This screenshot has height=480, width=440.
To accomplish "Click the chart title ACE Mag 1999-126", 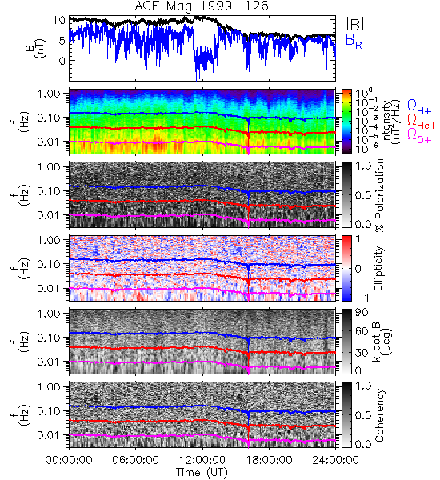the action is pos(202,6).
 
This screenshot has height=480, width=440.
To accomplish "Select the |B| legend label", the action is pos(355,24).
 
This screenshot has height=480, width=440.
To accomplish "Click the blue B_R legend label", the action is pos(354,41).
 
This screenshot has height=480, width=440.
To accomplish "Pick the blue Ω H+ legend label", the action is pos(419,107).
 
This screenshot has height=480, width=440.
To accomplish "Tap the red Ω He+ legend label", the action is pos(422,122).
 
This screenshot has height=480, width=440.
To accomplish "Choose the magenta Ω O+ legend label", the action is pos(419,136).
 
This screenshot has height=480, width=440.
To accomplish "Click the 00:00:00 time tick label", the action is pos(69,460).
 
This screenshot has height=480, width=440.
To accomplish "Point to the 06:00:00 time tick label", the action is pos(136,460).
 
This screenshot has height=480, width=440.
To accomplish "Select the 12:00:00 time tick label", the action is pos(202,460).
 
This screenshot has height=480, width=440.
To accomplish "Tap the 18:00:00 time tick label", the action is pos(269,460).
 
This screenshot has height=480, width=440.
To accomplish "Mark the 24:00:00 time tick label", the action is pos(335,460).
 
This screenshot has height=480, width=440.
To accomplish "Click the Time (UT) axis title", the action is pos(202,472).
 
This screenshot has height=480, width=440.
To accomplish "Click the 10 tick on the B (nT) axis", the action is pos(58,21).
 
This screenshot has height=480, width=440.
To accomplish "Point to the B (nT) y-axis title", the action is pos(37,48).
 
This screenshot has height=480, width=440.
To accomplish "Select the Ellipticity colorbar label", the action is pos(378,269).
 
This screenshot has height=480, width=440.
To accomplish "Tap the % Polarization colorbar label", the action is pos(379,195).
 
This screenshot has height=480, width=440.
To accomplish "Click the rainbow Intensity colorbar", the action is pos(346,122).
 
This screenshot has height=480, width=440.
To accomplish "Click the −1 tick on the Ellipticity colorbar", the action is pos(362,298).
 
